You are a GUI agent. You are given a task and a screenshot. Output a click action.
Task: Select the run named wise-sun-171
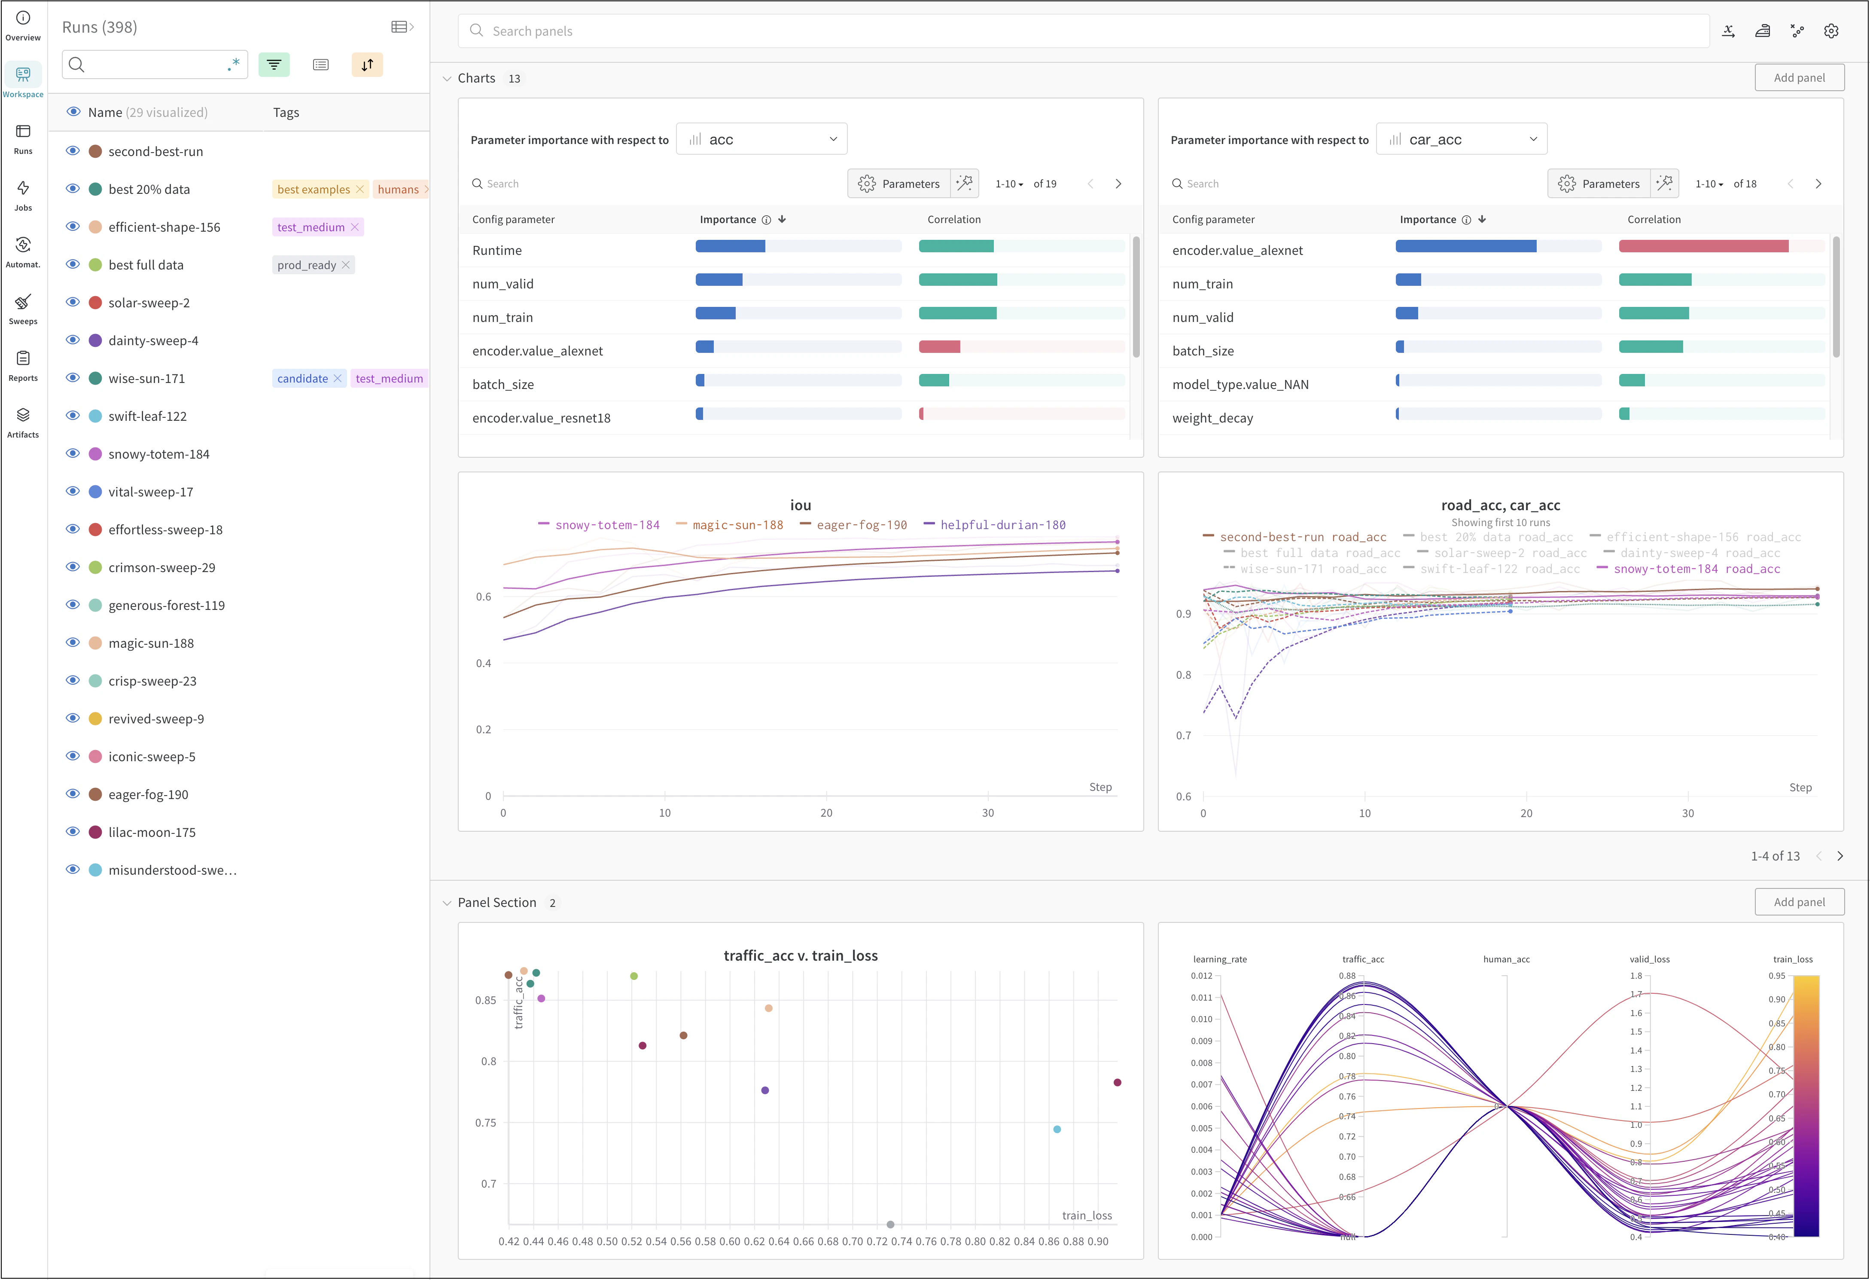(x=146, y=378)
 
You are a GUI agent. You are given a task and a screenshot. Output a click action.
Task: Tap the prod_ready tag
(x=307, y=265)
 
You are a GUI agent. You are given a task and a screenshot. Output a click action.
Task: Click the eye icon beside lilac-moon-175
(x=73, y=832)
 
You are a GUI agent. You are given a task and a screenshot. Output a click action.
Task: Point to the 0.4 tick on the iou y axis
(x=483, y=663)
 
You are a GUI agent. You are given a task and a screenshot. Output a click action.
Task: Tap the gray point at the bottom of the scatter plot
(x=890, y=1225)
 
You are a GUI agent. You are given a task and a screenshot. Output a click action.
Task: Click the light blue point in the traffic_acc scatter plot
(x=1057, y=1130)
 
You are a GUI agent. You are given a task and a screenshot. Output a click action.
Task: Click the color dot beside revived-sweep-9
(x=95, y=719)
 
